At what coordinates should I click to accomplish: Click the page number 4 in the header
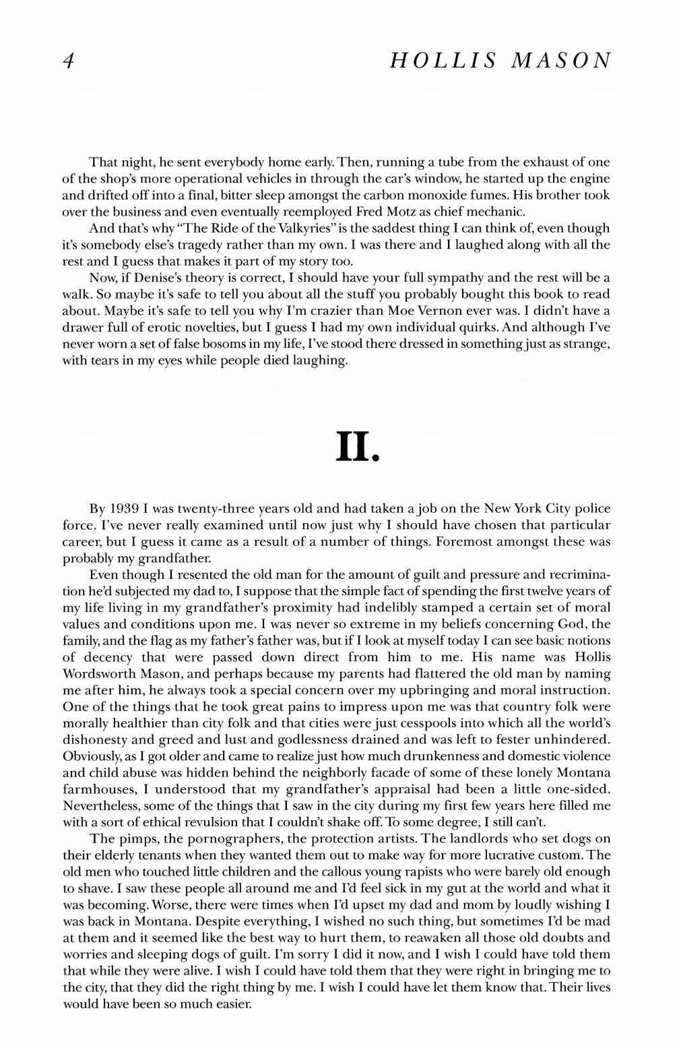click(67, 61)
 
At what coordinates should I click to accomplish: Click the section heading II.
click(358, 446)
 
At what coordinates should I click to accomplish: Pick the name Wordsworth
click(100, 673)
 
